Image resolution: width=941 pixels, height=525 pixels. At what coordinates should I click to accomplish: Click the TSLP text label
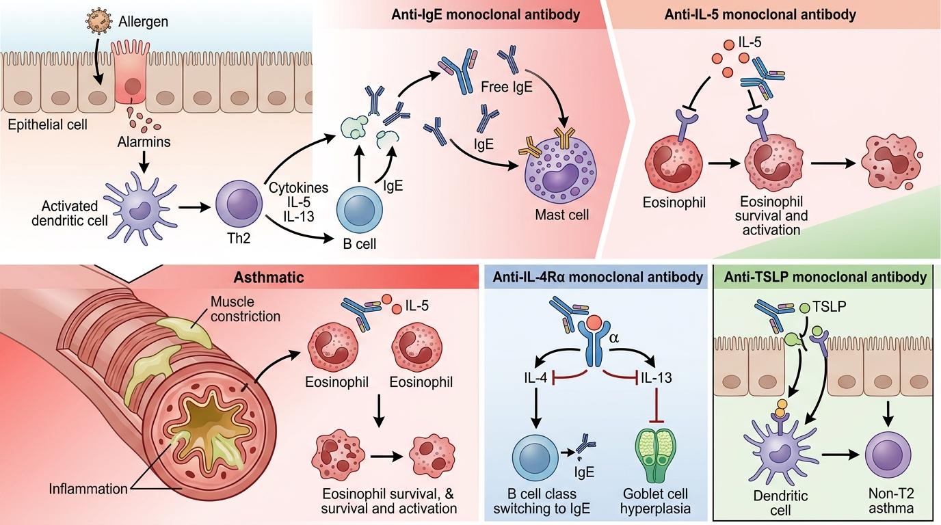point(832,307)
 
